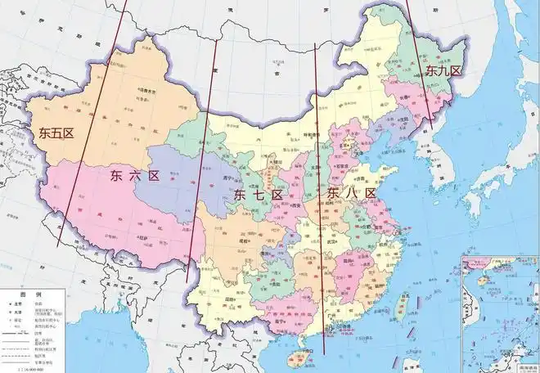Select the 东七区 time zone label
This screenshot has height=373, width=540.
click(258, 195)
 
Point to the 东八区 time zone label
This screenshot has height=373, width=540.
click(352, 193)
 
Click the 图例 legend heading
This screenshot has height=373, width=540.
click(28, 293)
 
